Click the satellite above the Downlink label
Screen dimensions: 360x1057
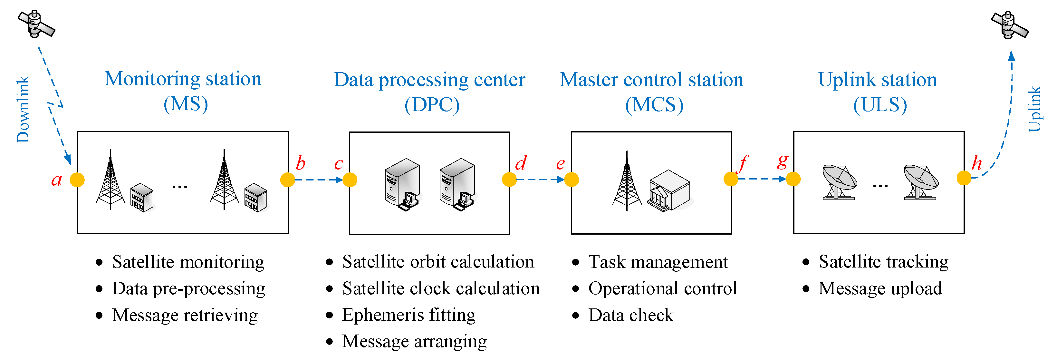[x=36, y=24]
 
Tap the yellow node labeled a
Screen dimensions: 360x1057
[x=77, y=180]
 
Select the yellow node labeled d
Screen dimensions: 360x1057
[x=509, y=180]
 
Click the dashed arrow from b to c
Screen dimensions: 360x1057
[x=318, y=180]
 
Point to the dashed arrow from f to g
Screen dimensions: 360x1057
[x=762, y=179]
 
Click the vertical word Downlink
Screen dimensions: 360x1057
[x=23, y=109]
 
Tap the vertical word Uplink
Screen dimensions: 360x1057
[x=1034, y=109]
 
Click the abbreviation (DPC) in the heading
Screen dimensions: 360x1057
[x=432, y=105]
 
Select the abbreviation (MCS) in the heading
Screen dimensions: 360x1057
[x=654, y=105]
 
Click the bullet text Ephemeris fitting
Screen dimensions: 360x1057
[x=409, y=315]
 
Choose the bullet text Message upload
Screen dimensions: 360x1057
[x=880, y=288]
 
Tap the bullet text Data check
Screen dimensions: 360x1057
[x=631, y=315]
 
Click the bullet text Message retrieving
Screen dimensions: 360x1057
[x=185, y=315]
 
